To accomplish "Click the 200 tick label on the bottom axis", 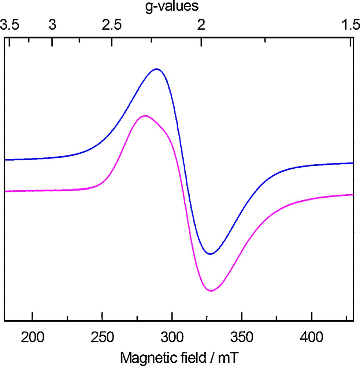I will coord(33,336).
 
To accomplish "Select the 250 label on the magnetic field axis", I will coord(102,336).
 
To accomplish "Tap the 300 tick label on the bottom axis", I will coord(172,336).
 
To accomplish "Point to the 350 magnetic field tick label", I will coord(242,336).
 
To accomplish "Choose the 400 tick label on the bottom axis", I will coord(312,336).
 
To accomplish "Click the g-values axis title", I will coord(180,7).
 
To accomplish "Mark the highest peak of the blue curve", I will coord(157,69).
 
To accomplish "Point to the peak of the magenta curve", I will coord(146,116).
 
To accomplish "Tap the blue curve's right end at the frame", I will coord(352,163).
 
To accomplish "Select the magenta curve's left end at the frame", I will coord(5,191).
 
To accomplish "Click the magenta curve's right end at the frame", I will coord(352,195).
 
